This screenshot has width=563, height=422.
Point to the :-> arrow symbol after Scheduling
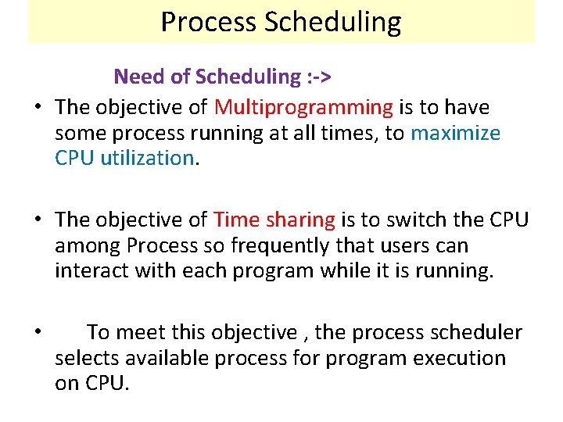click(317, 77)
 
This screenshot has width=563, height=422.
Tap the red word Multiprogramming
click(303, 106)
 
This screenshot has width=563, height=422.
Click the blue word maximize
click(455, 133)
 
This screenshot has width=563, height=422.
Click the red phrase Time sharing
click(274, 220)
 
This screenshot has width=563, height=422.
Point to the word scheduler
click(475, 333)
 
